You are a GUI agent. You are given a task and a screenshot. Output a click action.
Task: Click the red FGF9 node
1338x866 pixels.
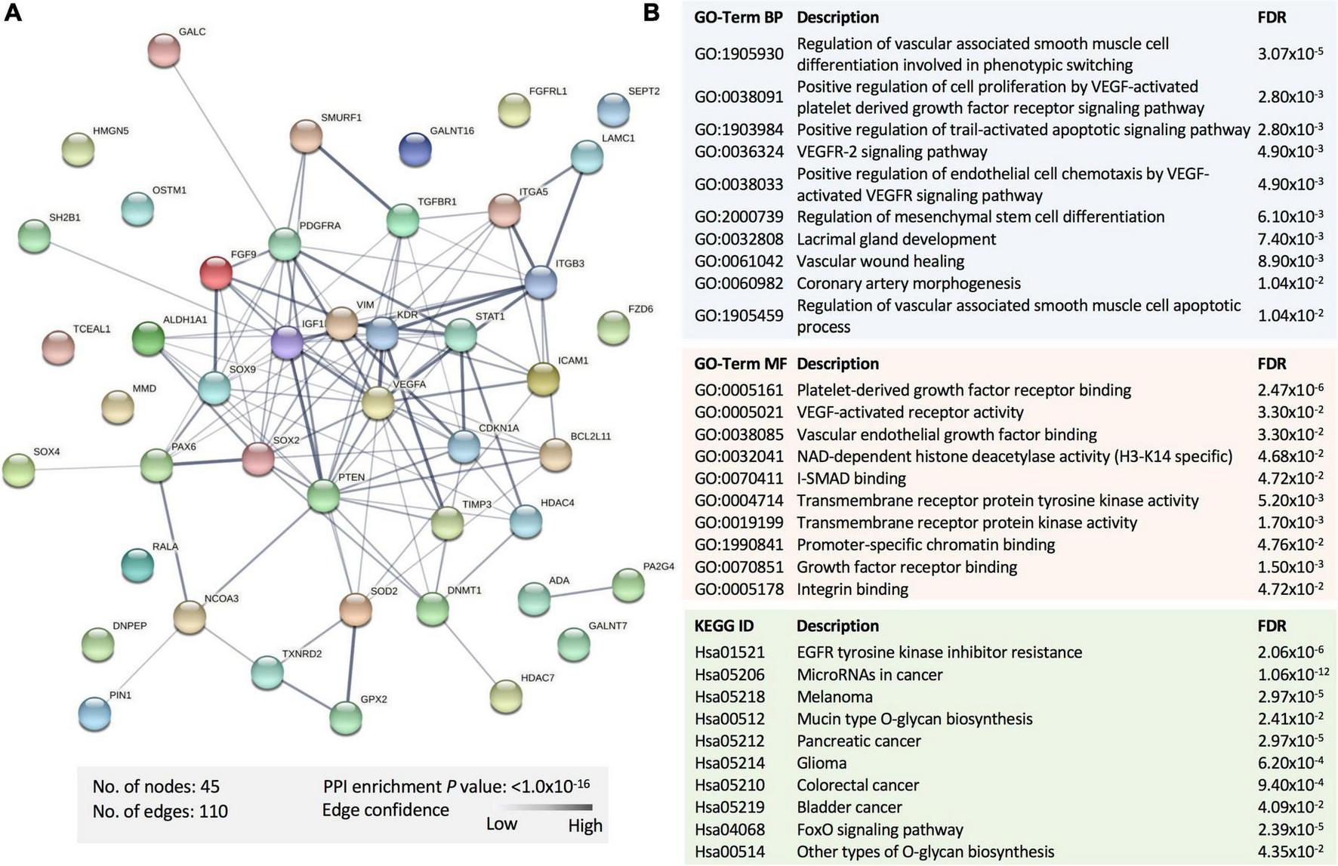tap(216, 272)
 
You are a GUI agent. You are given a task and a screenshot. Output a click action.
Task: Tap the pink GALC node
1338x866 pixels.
tap(164, 51)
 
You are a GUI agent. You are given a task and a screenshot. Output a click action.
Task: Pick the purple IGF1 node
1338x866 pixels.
tap(287, 342)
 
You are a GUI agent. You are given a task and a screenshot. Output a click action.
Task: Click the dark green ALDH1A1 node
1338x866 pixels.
tap(148, 337)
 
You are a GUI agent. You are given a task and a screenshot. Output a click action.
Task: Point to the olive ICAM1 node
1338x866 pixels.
tap(543, 378)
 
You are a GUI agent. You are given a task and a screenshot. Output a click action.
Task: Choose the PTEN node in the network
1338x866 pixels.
tap(324, 496)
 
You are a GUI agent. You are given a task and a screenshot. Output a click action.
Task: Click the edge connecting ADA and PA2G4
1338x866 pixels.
tap(581, 592)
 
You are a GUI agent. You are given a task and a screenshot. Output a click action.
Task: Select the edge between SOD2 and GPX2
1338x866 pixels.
tap(351, 663)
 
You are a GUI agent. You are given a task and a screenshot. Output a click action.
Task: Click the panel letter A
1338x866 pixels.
tap(13, 13)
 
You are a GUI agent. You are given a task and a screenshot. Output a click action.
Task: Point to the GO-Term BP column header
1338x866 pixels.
tap(738, 17)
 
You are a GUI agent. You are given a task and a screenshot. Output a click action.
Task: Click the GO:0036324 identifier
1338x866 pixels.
tap(738, 152)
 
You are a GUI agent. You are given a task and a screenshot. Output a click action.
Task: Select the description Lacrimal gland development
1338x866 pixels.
tap(896, 239)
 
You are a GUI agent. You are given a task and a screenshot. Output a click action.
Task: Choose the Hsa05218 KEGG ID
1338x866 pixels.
tap(729, 697)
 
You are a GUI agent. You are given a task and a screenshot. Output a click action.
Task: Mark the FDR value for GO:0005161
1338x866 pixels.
tap(1290, 390)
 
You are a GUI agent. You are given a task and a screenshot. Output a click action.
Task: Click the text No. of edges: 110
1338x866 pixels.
tap(160, 812)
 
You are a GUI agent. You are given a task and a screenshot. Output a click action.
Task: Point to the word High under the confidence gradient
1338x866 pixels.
tap(585, 825)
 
